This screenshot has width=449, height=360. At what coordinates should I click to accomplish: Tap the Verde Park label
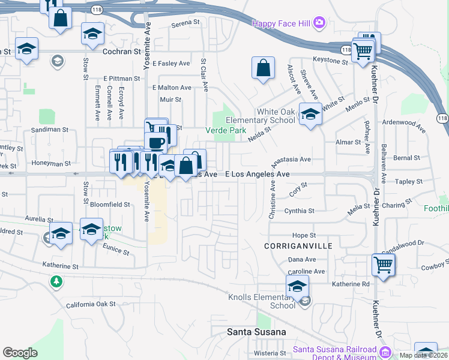(x=226, y=130)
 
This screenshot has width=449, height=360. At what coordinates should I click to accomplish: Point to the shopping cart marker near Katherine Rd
(x=383, y=264)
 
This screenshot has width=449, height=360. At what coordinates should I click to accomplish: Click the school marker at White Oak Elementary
(x=310, y=115)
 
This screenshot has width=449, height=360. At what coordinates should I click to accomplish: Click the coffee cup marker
(x=156, y=143)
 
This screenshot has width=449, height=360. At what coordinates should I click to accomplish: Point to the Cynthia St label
(x=299, y=211)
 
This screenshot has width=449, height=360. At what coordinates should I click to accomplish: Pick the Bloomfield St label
(x=110, y=205)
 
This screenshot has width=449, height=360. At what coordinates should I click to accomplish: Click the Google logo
(x=20, y=353)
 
